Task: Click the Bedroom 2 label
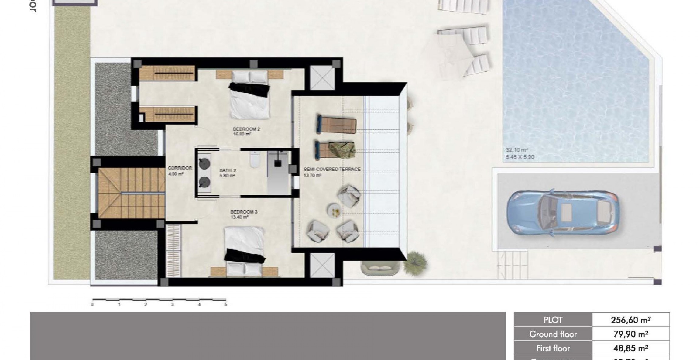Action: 246,129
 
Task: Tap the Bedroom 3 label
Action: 244,212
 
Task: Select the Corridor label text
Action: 180,168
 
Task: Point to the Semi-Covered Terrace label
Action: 332,169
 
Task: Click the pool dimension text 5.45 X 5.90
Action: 520,157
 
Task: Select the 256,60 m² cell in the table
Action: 631,320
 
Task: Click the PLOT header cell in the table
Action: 553,320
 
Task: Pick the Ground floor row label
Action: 553,334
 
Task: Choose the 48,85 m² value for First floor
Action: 631,348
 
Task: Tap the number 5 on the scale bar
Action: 226,304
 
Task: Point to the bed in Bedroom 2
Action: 249,95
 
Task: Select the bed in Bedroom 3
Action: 245,251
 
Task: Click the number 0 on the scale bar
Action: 93,304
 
